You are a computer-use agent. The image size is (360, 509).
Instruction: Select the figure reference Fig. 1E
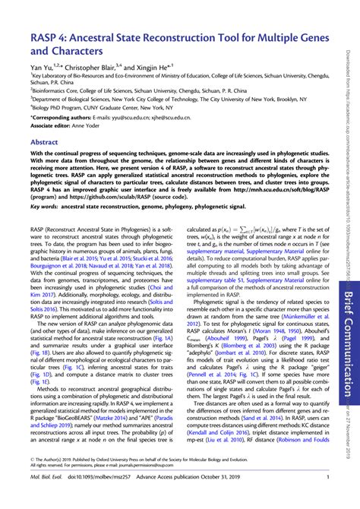point(38,362)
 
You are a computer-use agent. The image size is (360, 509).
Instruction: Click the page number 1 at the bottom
point(327,498)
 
